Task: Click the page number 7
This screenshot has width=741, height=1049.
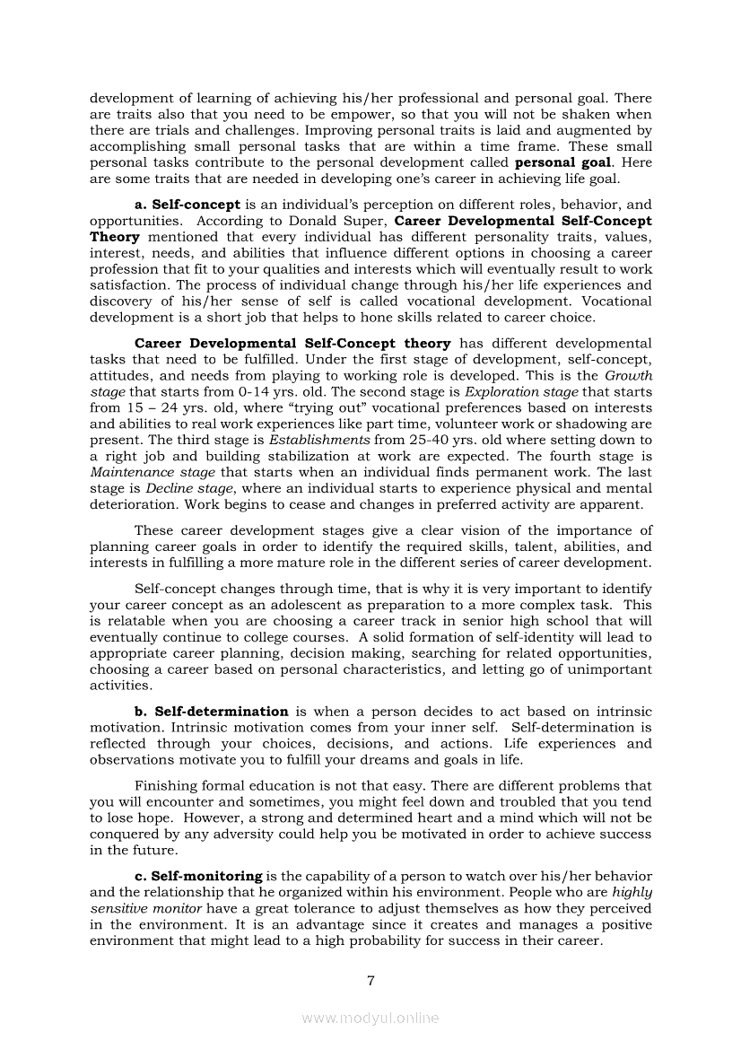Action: (x=370, y=980)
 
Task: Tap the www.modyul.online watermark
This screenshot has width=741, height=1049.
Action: (x=370, y=1018)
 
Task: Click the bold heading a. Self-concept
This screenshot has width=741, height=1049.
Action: (x=187, y=205)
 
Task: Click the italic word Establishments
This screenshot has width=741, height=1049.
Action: (x=319, y=441)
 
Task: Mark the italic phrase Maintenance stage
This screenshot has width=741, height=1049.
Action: (x=153, y=473)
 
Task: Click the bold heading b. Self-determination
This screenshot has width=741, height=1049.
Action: (x=211, y=712)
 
